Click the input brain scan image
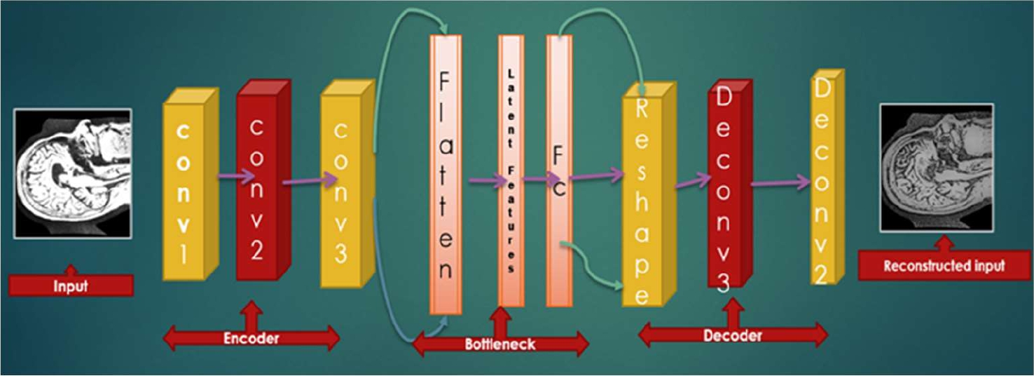[x=73, y=173]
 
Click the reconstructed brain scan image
[x=937, y=168]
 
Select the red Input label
[x=71, y=286]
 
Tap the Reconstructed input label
[x=944, y=267]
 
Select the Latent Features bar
[x=511, y=172]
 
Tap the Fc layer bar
[x=559, y=172]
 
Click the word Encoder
[x=251, y=338]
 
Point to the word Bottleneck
[x=500, y=344]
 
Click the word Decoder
[x=733, y=335]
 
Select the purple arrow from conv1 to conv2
[x=236, y=177]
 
